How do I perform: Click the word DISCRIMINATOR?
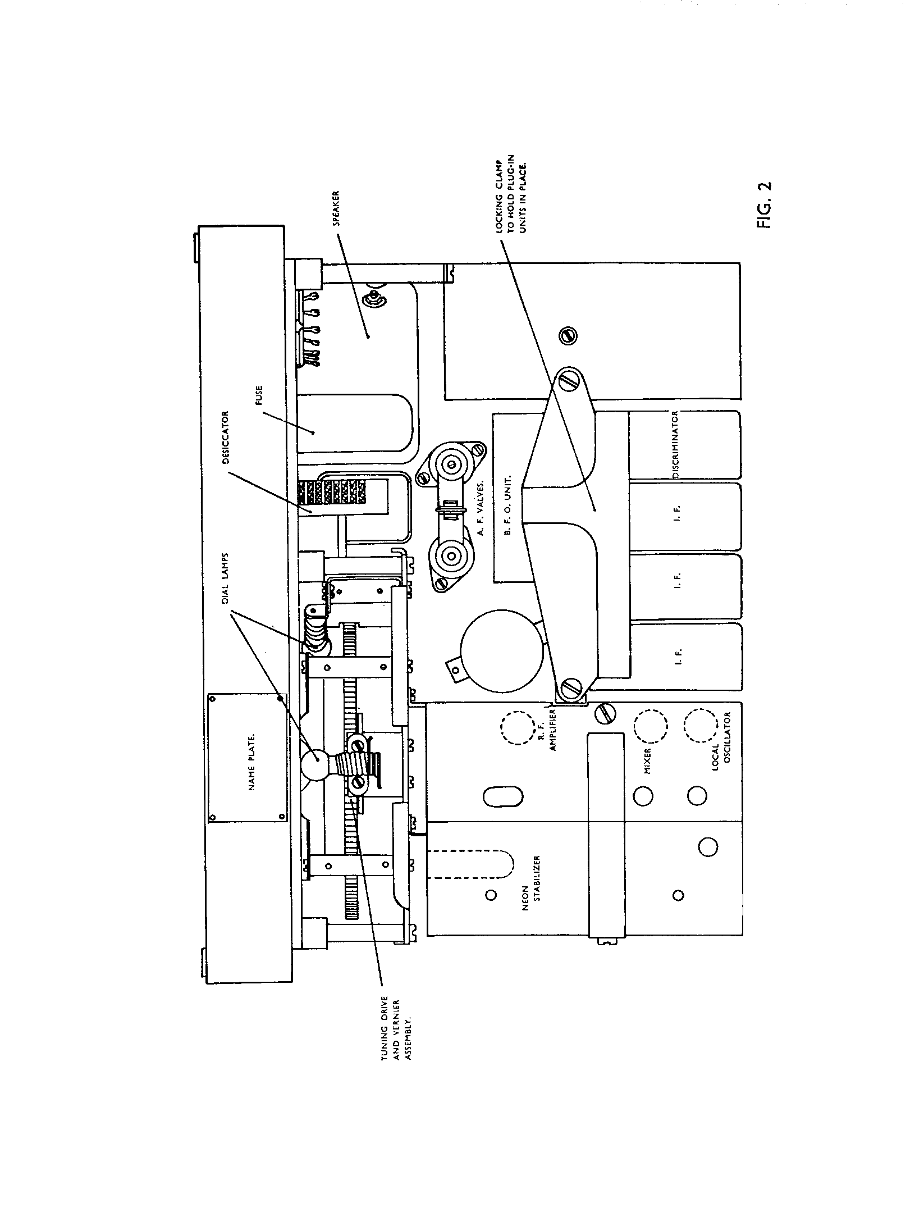click(x=676, y=445)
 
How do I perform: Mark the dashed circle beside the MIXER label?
click(x=650, y=726)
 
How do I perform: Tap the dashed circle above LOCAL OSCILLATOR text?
click(x=701, y=726)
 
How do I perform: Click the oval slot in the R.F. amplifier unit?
click(x=503, y=796)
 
